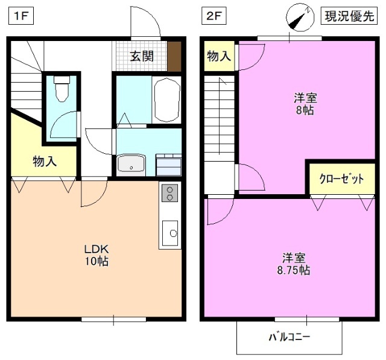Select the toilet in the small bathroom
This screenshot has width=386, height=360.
[62, 90]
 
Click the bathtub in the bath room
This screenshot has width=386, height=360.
[167, 99]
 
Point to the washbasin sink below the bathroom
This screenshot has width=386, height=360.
[131, 163]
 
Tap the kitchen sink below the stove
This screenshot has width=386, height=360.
[170, 232]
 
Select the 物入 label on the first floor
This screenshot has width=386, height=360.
[44, 162]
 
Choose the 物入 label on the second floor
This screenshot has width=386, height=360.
[219, 57]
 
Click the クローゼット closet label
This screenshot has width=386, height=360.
[341, 179]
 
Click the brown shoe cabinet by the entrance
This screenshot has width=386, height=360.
[174, 57]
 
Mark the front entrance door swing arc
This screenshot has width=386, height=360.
[147, 23]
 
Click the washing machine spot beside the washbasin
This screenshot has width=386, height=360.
[169, 163]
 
